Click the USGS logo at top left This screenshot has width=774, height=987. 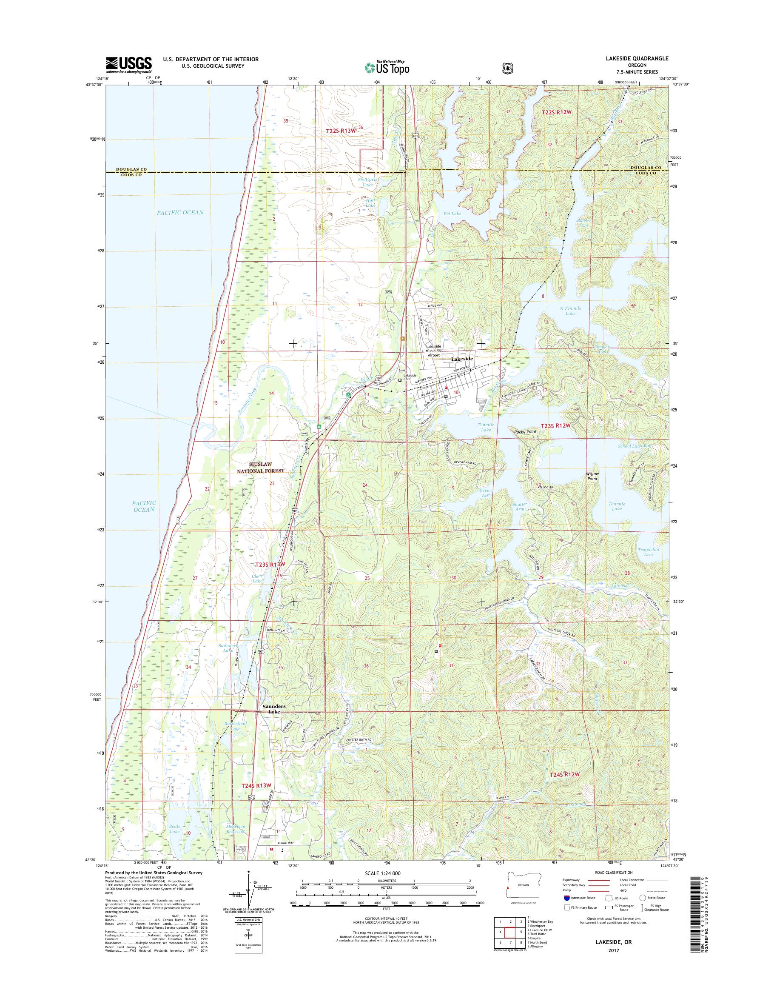point(128,65)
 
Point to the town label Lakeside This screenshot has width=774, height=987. point(462,359)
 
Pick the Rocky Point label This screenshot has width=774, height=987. point(525,432)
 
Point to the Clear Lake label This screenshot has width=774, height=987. point(257,579)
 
